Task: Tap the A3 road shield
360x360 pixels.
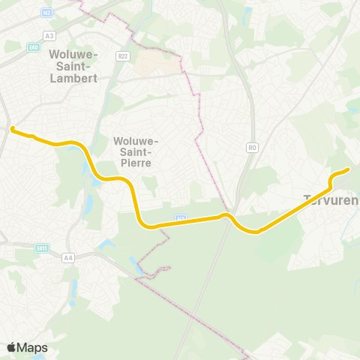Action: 49,35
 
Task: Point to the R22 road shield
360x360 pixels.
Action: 124,55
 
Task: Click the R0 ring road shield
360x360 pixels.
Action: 252,148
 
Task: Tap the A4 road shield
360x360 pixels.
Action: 68,258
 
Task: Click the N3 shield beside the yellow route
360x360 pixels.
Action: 180,218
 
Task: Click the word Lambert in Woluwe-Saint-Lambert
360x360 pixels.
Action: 71,77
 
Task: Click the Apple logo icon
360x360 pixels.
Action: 11,347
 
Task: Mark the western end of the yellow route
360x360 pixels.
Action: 13,128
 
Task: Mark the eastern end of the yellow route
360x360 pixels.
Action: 349,169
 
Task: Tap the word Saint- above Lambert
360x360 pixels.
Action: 71,66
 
